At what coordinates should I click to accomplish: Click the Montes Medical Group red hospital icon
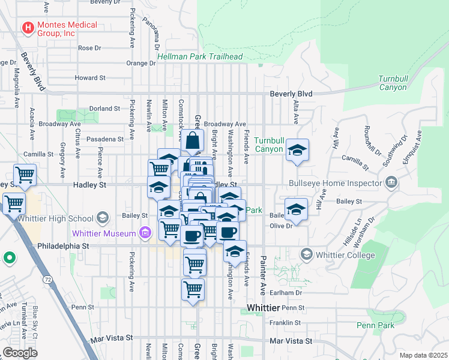coord(28,28)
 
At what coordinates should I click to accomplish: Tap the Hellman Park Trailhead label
coord(200,57)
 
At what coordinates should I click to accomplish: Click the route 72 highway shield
coord(46,279)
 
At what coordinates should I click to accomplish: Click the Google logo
coord(20,353)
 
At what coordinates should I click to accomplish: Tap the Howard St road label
coord(90,78)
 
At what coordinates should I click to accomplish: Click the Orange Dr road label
coord(141,63)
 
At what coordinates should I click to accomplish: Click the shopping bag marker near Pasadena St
coord(193,142)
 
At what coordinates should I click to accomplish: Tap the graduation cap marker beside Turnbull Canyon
coord(297,151)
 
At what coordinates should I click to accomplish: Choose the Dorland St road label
coord(104,109)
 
